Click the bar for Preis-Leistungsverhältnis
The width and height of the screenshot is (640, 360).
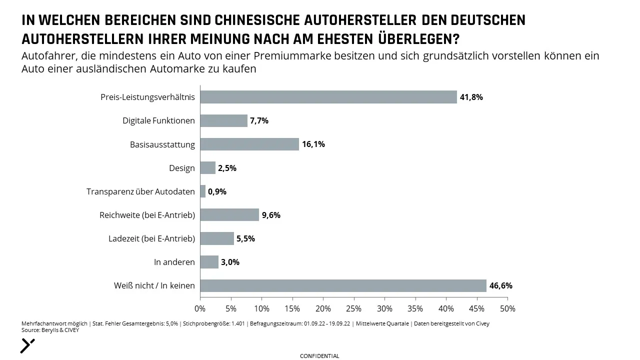(x=328, y=97)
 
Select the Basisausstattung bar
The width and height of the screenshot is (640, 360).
(x=249, y=144)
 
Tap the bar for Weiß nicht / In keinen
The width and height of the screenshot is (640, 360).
(x=343, y=285)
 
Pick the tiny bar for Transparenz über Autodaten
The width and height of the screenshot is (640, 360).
(x=203, y=191)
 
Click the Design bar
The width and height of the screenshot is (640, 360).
(x=208, y=167)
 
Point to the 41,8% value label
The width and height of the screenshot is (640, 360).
(x=471, y=97)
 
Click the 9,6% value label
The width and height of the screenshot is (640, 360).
(x=271, y=215)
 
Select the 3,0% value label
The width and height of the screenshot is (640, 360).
(x=230, y=262)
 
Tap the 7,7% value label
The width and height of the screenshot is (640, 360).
(x=259, y=121)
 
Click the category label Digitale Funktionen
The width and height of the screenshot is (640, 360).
(x=159, y=120)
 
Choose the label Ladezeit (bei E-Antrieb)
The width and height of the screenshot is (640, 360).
(x=151, y=238)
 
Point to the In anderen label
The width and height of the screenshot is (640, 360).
(x=174, y=262)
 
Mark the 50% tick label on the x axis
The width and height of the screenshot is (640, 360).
(x=507, y=309)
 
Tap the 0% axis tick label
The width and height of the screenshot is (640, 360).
(x=200, y=309)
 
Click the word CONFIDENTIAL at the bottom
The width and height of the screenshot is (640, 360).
(x=319, y=356)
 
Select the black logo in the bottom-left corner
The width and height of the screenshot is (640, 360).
(x=27, y=345)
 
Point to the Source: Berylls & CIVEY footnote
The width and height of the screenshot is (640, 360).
(x=50, y=330)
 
